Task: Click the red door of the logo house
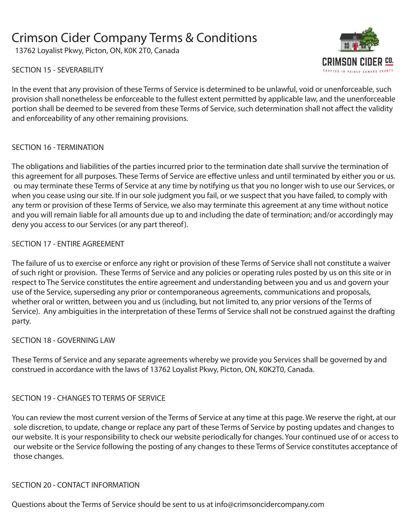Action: point(355,47)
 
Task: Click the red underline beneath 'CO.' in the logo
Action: point(389,64)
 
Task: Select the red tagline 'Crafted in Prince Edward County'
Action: point(358,71)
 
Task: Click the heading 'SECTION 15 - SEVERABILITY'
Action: point(57,70)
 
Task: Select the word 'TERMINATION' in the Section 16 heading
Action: point(80,147)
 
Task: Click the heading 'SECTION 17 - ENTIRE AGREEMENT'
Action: point(68,244)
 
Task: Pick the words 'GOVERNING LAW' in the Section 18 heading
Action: point(86,340)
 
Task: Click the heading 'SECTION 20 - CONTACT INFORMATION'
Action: point(76,485)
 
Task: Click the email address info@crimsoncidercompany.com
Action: point(269,504)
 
